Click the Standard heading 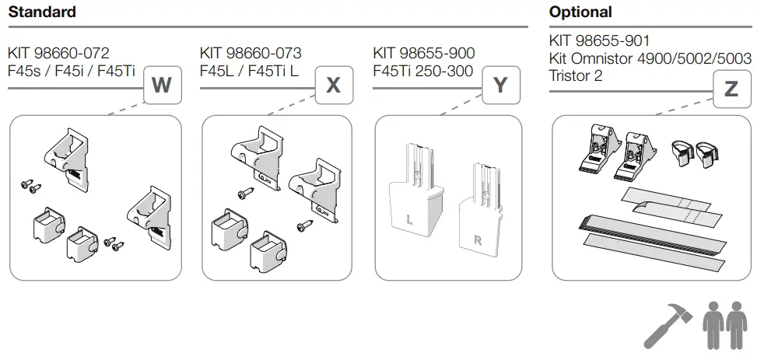42,12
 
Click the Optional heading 580,12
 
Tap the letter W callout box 162,86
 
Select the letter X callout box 333,86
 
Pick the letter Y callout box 502,86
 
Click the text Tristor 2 576,75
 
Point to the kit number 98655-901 599,40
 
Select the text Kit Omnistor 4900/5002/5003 650,58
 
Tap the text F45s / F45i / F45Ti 72,71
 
